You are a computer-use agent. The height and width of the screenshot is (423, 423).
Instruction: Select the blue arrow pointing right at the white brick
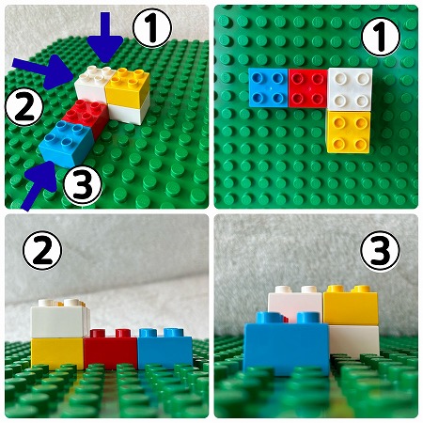[44, 71]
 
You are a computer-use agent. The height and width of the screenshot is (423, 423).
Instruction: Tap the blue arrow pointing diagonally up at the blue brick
[40, 185]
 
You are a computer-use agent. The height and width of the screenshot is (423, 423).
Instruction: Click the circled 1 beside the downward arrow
[152, 28]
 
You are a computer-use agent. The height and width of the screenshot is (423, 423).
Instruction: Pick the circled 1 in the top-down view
[381, 37]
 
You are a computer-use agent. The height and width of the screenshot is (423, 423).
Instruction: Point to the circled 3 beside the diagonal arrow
[83, 185]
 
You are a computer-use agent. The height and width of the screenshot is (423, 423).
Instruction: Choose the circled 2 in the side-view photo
[42, 251]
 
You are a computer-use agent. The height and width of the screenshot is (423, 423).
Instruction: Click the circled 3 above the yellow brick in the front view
[381, 251]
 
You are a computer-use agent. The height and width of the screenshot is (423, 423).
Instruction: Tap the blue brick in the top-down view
[268, 87]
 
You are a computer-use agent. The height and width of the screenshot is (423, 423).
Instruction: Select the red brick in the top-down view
[308, 88]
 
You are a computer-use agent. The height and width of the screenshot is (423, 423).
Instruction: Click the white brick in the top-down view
[350, 89]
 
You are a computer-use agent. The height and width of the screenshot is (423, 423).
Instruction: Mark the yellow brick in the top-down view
[348, 132]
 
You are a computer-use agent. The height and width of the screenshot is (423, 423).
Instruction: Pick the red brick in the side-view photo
[111, 349]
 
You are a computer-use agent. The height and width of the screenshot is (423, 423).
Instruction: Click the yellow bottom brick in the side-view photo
[57, 353]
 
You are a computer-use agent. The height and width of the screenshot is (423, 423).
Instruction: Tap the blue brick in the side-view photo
[165, 348]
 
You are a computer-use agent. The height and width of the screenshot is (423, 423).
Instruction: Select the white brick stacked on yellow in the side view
[58, 319]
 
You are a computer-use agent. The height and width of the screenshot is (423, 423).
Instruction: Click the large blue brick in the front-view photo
[286, 344]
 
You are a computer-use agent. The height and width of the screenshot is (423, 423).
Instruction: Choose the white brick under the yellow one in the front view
[354, 341]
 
